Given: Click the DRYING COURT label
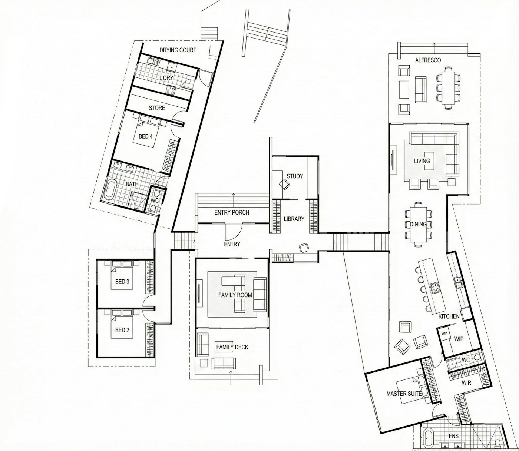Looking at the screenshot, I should click(178, 50).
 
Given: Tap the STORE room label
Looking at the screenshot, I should click(157, 108).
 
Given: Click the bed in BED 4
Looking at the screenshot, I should click(147, 133).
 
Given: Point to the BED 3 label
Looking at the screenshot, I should click(122, 282).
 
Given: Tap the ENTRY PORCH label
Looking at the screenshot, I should click(232, 213).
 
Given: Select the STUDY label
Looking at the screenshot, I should click(295, 176).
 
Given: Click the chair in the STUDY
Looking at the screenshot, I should click(284, 184).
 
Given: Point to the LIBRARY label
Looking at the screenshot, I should click(294, 219).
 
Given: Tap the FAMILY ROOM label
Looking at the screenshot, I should click(235, 295).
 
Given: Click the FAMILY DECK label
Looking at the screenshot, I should click(232, 347).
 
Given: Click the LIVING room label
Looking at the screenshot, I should click(422, 161).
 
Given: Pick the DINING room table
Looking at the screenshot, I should click(419, 224).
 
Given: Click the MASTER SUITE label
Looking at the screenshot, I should click(404, 394).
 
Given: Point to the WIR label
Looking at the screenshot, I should click(466, 383).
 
